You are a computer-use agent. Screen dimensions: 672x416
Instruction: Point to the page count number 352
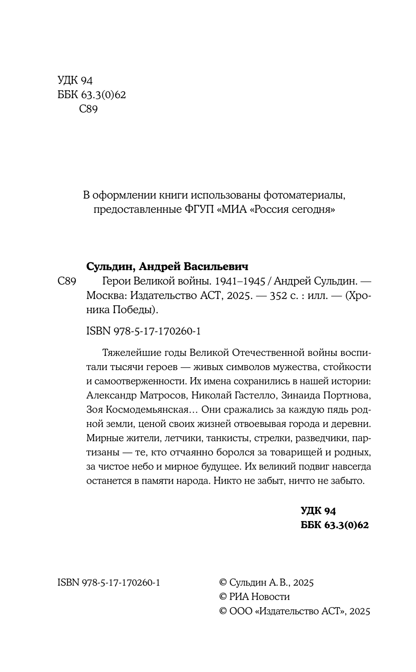click(x=281, y=296)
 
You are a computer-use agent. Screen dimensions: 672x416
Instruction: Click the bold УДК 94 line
click(x=318, y=510)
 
